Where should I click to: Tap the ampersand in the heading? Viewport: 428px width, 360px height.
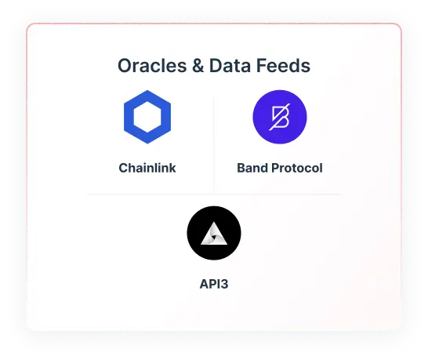(x=196, y=66)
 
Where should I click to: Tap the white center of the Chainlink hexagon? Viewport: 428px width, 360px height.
(x=147, y=118)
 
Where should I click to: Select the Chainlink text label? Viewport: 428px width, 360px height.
(x=147, y=168)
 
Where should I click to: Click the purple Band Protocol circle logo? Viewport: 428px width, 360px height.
(x=280, y=118)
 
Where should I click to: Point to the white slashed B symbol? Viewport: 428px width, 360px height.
(x=280, y=118)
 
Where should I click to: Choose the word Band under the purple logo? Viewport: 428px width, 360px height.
(x=253, y=168)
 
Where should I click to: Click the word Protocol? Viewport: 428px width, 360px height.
(x=298, y=168)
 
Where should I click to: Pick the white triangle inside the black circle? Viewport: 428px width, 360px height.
(x=214, y=234)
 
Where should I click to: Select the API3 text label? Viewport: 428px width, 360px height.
(x=214, y=283)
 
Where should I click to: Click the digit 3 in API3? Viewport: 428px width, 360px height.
(x=224, y=283)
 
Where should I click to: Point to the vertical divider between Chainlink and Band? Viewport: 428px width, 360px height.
(x=214, y=141)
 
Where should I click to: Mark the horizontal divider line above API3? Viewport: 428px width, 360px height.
(x=214, y=193)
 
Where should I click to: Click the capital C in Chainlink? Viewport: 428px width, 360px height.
(x=124, y=168)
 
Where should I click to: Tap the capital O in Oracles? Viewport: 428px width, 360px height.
(x=125, y=66)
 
